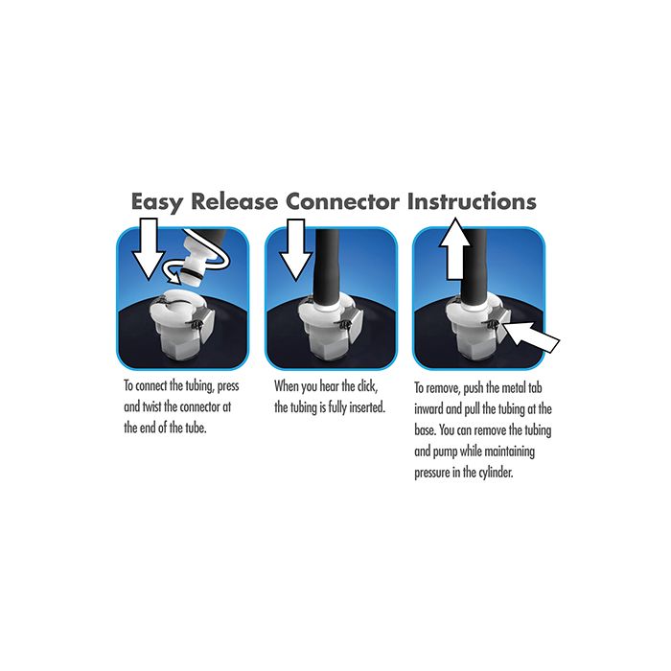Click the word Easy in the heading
[157, 201]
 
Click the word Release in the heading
[235, 201]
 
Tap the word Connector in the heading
[342, 201]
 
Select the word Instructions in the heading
[472, 201]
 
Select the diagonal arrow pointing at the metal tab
[531, 335]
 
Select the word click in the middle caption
[367, 386]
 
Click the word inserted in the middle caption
[367, 407]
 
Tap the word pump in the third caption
[445, 451]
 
